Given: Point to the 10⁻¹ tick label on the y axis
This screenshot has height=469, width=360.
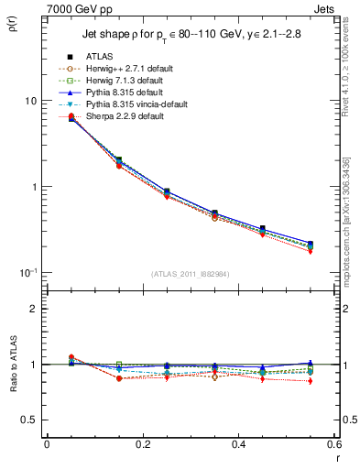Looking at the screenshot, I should [x=27, y=272].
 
